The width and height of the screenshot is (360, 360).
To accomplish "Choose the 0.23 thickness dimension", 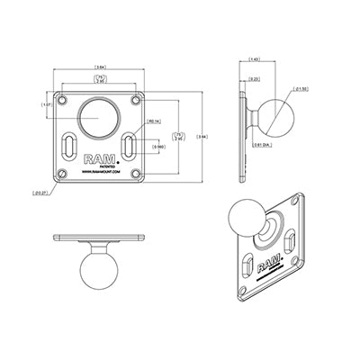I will pos(256,79).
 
